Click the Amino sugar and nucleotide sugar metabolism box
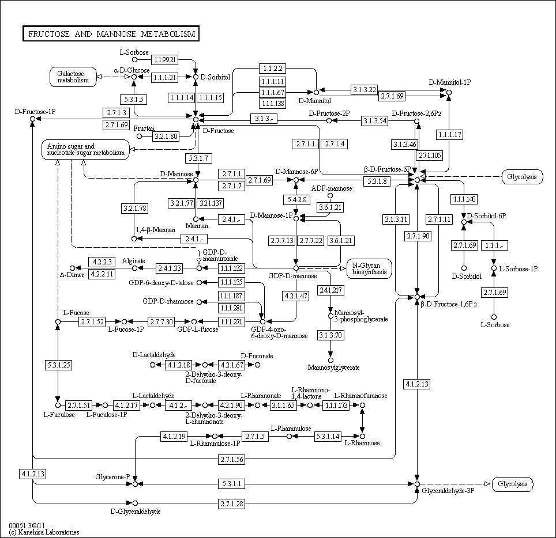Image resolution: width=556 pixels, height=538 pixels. (x=85, y=150)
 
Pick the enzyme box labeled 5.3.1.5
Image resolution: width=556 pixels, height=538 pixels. (x=133, y=99)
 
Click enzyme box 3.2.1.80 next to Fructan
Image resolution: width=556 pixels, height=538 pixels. (x=166, y=136)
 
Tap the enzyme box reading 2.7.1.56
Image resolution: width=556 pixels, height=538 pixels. (x=232, y=459)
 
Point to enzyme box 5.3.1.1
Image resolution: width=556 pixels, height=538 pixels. (x=232, y=483)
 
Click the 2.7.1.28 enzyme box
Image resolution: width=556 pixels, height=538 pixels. (x=232, y=504)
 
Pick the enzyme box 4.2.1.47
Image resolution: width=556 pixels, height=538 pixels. (x=296, y=295)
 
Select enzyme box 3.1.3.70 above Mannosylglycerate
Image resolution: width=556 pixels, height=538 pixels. (x=330, y=335)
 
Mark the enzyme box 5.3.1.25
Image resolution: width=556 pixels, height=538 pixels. (x=58, y=365)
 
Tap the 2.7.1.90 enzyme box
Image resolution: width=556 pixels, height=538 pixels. (x=417, y=236)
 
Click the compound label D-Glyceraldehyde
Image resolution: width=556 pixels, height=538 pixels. (x=136, y=512)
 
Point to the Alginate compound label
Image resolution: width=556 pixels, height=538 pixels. (x=134, y=261)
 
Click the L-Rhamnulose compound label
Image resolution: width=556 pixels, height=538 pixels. (x=291, y=429)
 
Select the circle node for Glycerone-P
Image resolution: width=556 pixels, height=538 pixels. (x=135, y=484)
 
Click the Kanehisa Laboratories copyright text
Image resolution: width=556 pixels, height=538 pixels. (x=44, y=532)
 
